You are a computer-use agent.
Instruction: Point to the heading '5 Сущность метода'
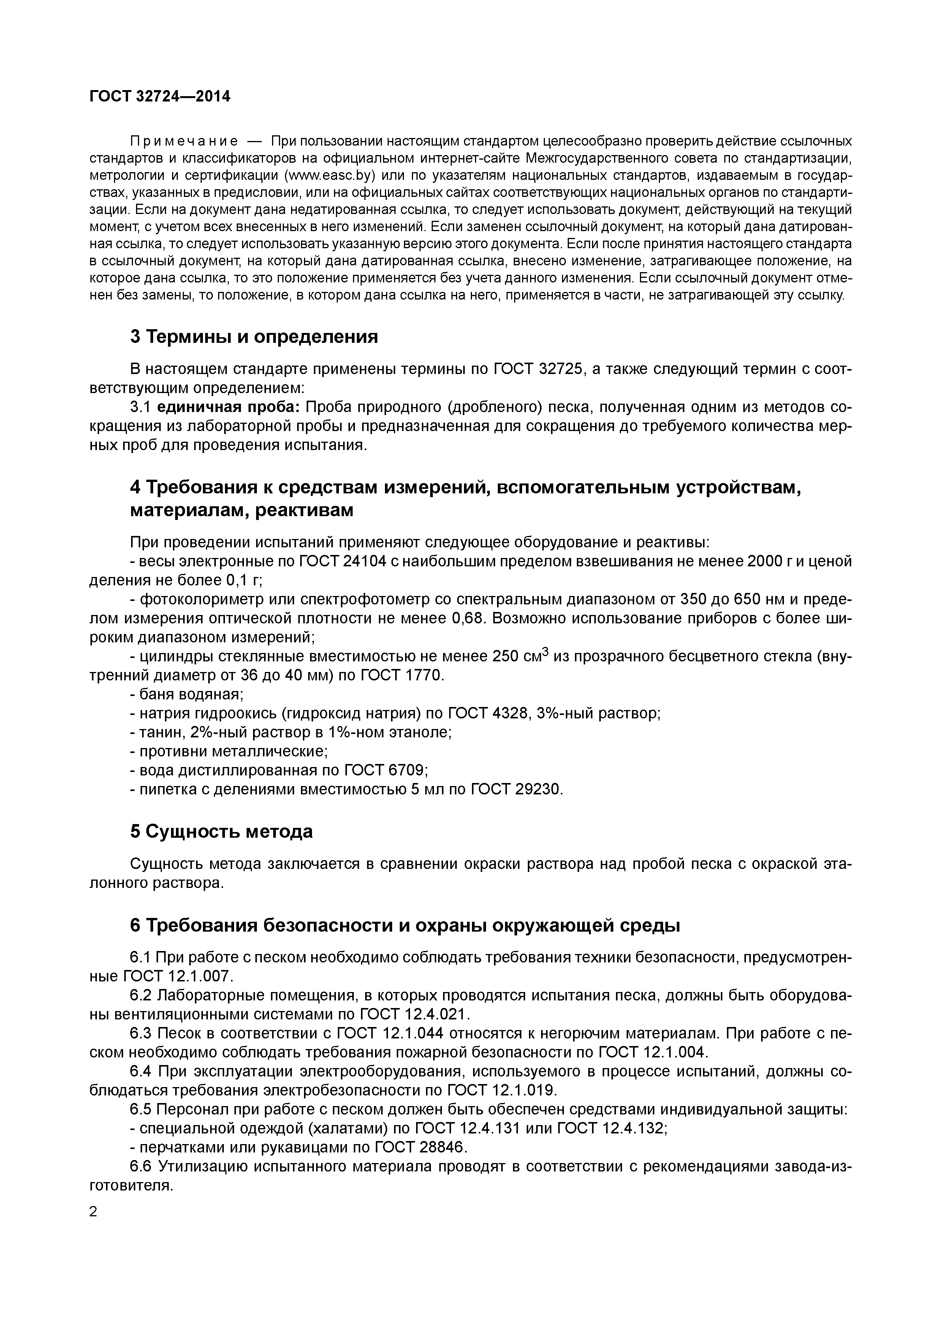coord(221,831)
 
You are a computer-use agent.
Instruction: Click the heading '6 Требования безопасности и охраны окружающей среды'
coord(405,926)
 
